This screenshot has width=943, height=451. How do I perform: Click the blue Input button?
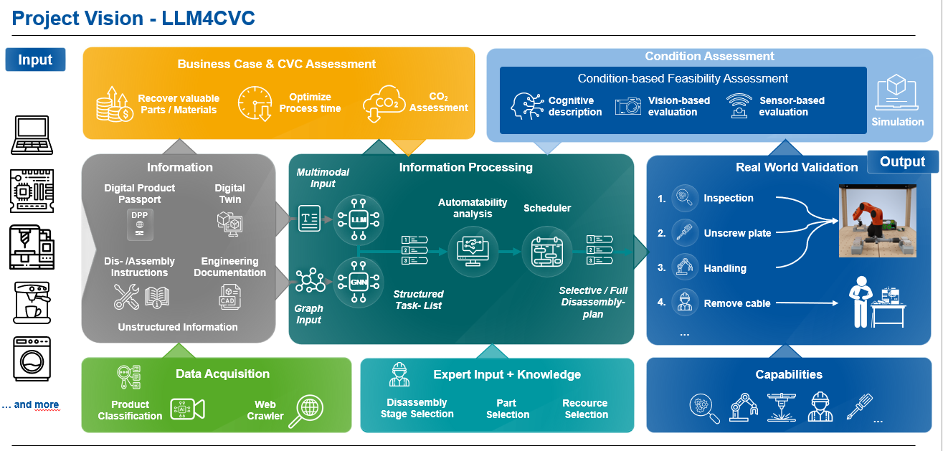tap(35, 60)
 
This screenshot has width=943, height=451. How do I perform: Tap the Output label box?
tap(902, 162)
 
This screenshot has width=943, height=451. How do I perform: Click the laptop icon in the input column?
tap(31, 135)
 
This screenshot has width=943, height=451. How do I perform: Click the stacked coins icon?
tap(115, 105)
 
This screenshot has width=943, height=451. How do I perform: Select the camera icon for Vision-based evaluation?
tap(628, 106)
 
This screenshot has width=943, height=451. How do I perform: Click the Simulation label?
tap(897, 122)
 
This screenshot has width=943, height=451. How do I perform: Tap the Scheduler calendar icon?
tap(547, 252)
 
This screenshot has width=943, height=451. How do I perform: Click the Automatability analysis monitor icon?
tap(473, 251)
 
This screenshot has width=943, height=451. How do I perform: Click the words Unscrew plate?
tap(737, 233)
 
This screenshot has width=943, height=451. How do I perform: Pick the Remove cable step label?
tap(737, 303)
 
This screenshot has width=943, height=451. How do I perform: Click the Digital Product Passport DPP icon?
tap(138, 224)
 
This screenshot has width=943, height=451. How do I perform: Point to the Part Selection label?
tap(508, 409)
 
